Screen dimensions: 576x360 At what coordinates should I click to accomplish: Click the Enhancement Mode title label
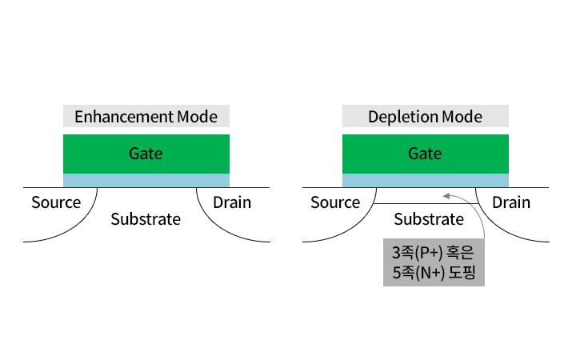(x=146, y=116)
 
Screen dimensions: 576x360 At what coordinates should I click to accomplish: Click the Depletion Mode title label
(x=426, y=116)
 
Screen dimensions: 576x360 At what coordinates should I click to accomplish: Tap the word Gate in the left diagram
(x=146, y=153)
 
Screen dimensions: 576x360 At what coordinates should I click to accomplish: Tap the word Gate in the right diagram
(x=425, y=153)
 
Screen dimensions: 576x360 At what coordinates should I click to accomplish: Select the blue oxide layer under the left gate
(x=146, y=180)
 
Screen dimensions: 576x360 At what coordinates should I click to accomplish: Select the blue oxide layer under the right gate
(x=426, y=180)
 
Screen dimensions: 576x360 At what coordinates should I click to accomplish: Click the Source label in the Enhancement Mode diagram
(x=56, y=202)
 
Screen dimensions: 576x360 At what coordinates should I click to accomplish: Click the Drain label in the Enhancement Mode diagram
(x=232, y=202)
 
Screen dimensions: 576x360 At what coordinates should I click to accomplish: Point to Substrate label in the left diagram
(x=146, y=219)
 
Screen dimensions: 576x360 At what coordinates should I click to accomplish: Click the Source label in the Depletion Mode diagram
(x=335, y=202)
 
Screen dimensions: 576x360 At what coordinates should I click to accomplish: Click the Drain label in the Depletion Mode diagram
(x=511, y=202)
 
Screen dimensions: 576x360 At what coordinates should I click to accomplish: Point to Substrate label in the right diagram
(x=429, y=219)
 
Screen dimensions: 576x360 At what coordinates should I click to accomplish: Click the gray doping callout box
(x=434, y=262)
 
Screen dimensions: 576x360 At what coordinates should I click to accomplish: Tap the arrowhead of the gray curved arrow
(x=446, y=196)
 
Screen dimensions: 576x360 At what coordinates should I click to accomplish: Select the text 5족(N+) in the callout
(x=418, y=273)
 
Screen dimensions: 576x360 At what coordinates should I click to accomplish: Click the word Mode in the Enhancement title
(x=198, y=117)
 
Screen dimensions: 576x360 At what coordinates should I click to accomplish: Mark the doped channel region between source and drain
(x=426, y=195)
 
